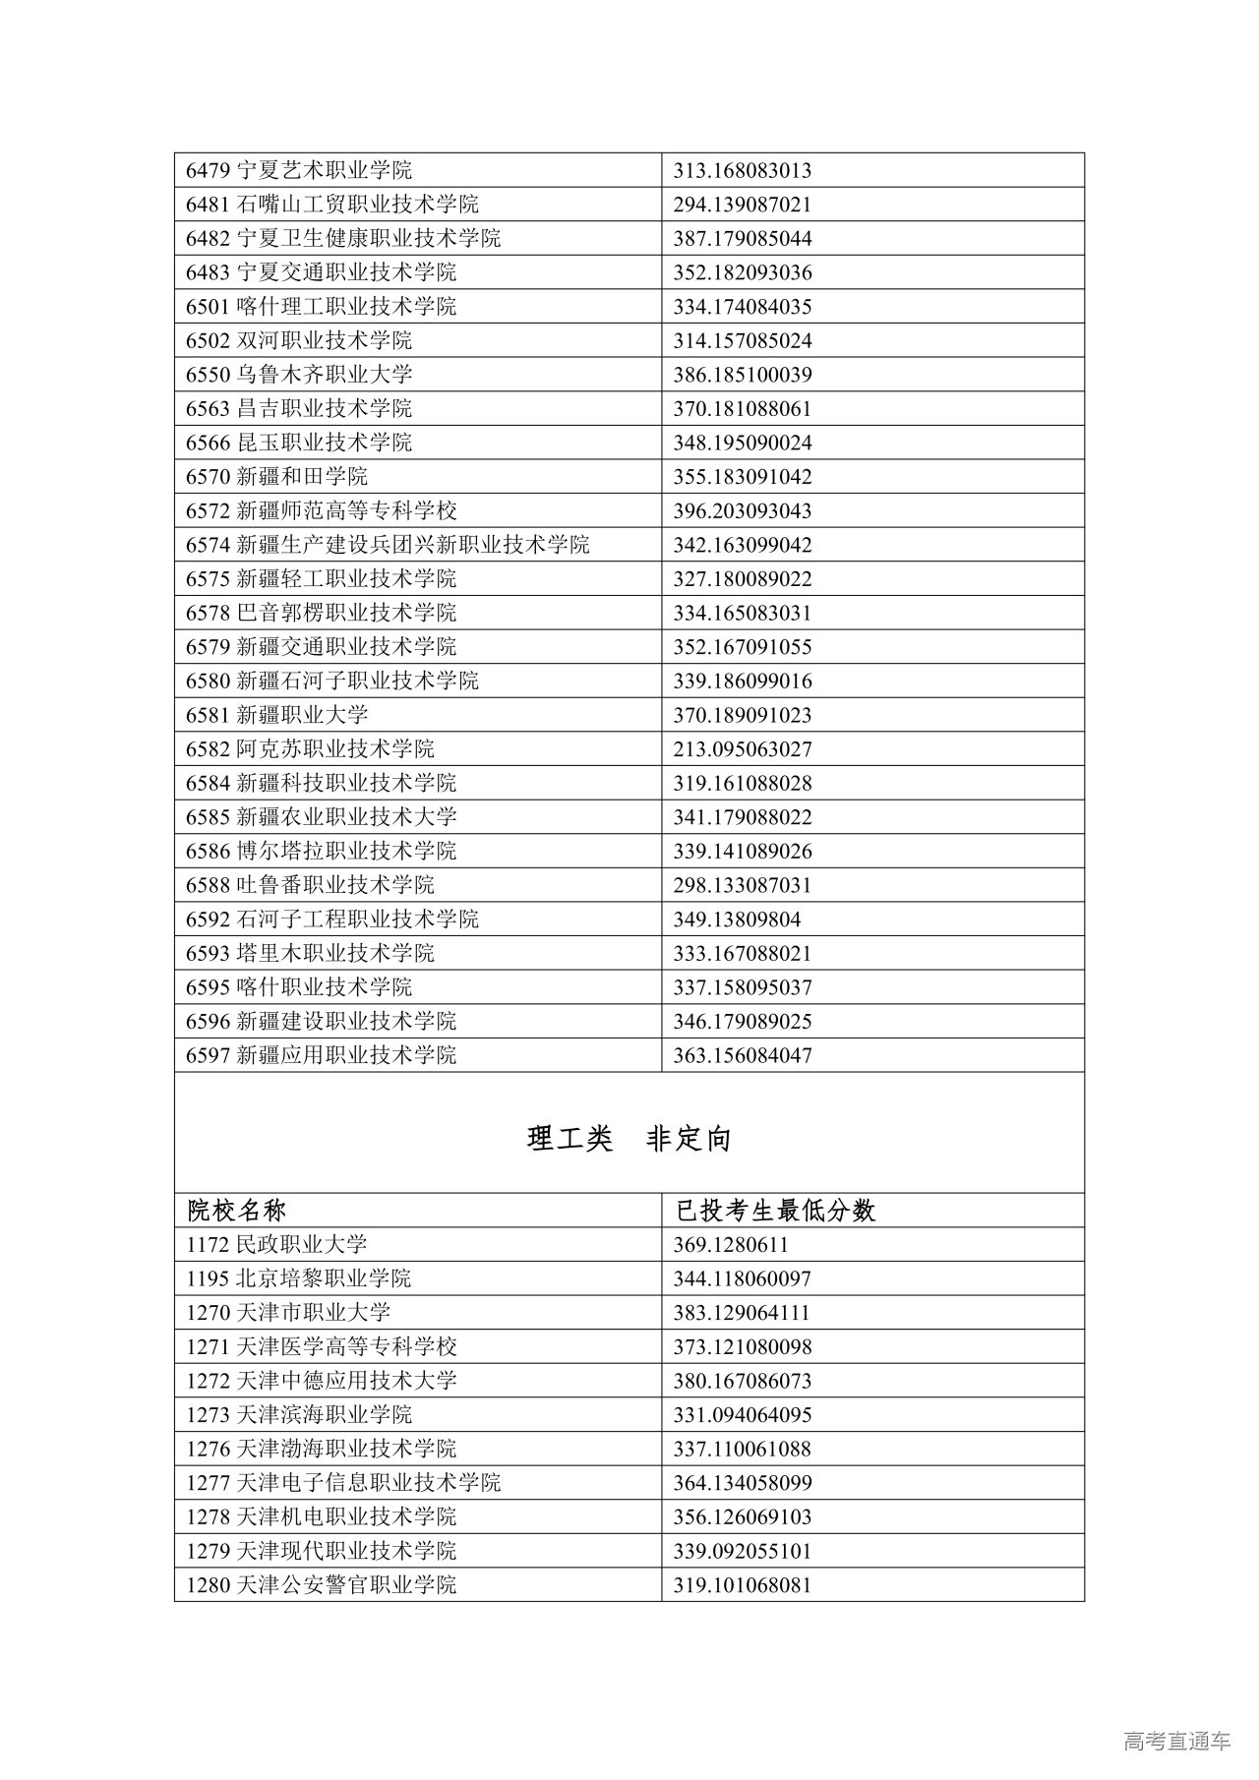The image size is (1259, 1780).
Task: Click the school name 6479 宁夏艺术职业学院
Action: click(299, 170)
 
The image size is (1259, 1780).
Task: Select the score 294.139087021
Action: click(742, 205)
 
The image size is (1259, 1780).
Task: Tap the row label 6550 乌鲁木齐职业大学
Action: click(299, 375)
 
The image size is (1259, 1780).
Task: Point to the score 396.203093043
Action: click(742, 510)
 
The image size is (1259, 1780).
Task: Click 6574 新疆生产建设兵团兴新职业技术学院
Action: click(388, 545)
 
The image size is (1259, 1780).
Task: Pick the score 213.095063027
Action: click(742, 749)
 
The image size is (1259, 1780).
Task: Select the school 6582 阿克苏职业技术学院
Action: click(310, 749)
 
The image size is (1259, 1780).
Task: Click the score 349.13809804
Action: click(737, 920)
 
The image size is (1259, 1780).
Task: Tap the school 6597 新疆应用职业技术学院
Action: click(322, 1055)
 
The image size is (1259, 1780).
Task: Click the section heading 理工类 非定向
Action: click(629, 1139)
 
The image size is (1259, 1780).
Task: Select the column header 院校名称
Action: click(237, 1210)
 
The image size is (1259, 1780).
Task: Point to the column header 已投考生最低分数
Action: click(775, 1210)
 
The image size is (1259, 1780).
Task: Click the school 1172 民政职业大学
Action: click(276, 1244)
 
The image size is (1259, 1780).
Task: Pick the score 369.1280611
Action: click(731, 1245)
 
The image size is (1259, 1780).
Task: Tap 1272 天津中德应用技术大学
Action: click(322, 1381)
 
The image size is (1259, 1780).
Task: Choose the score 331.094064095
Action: click(742, 1415)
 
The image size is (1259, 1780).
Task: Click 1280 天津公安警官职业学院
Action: click(322, 1585)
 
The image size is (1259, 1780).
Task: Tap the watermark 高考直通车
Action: click(1176, 1742)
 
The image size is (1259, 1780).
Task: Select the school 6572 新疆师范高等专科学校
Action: click(322, 510)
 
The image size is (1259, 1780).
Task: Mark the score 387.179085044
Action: click(742, 239)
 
